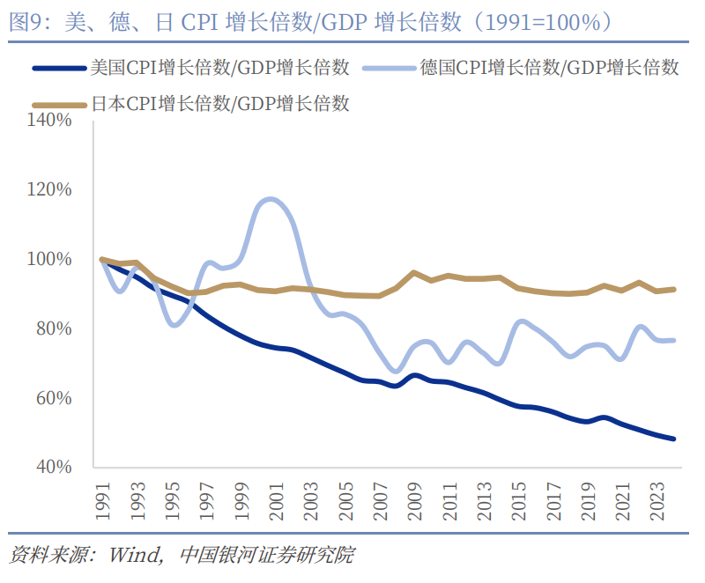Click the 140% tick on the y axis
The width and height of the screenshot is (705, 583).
coord(51,120)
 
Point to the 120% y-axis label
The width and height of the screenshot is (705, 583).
coord(51,189)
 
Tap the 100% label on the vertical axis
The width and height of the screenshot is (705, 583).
coord(51,259)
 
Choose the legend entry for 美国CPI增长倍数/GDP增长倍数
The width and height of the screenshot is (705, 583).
coord(220,68)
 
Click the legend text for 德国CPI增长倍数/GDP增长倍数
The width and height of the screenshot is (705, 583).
coord(549,68)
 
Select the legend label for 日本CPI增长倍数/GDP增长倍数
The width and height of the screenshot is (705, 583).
coord(220,104)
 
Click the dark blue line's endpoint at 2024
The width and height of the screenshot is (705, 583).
coord(673,439)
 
